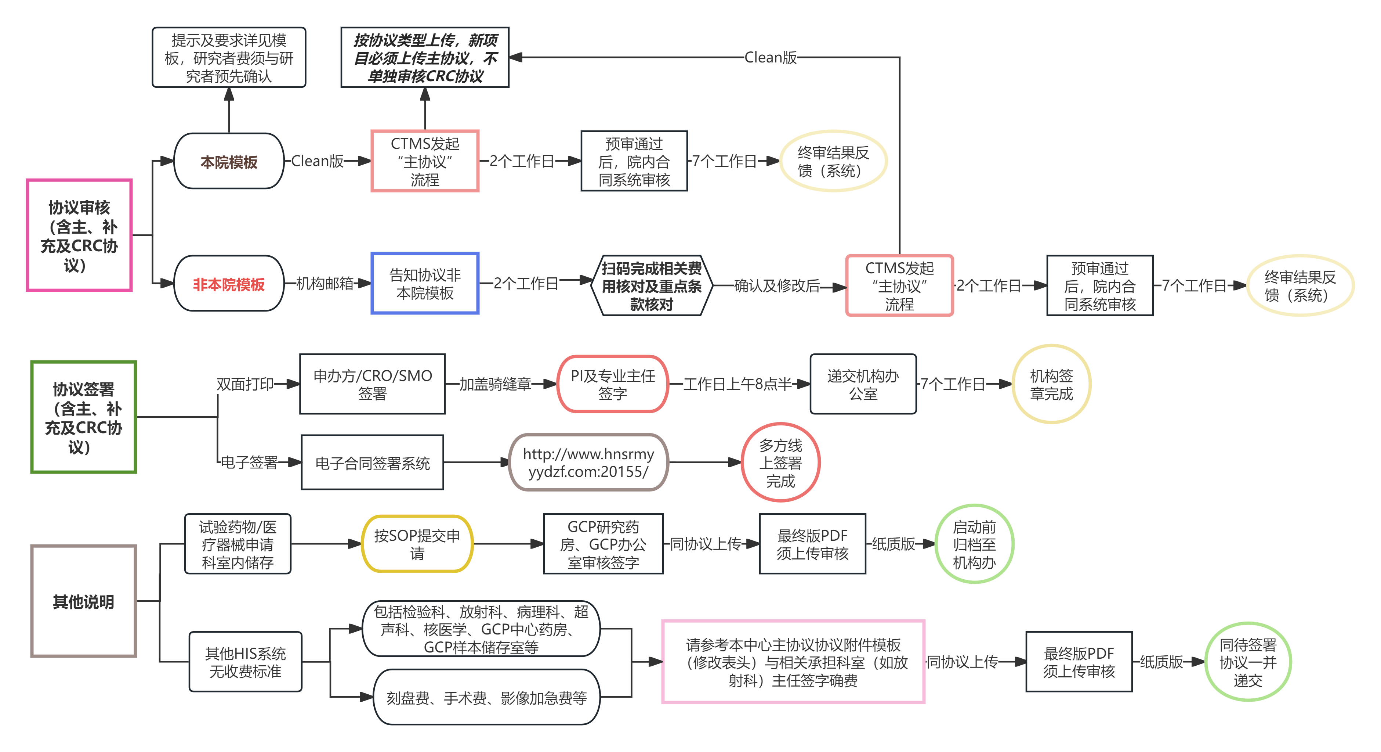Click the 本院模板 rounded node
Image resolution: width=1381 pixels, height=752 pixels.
coord(229,161)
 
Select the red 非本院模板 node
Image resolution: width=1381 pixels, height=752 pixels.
coord(229,284)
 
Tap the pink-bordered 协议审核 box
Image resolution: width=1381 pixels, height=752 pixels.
coord(79,235)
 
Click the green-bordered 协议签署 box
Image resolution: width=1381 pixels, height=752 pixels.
coord(84,417)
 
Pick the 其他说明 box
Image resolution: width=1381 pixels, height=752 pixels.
coord(84,601)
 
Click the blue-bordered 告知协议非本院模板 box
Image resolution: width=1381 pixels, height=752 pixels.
coord(425,283)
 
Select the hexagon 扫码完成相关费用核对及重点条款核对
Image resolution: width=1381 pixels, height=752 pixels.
coord(651,286)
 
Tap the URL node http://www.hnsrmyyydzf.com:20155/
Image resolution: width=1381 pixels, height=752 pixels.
coord(588,463)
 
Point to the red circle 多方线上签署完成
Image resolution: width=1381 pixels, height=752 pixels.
coord(780,463)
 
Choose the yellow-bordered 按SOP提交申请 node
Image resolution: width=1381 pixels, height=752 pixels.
coord(417,544)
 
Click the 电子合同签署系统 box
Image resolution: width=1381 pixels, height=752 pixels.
coord(372,463)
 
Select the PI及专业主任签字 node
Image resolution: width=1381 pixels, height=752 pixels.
coord(613,384)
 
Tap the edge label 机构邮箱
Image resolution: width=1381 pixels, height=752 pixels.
coord(325,283)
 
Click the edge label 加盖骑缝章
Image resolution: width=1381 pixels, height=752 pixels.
coord(495,384)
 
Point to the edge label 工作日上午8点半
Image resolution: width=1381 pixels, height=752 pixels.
coord(737,384)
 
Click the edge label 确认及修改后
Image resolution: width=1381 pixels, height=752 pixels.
coord(777,286)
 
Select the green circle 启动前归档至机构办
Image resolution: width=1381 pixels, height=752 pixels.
coord(974,544)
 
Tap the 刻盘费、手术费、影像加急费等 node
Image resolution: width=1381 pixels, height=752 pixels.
coord(486,697)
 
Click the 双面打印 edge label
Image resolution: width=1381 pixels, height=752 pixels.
coord(245,384)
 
